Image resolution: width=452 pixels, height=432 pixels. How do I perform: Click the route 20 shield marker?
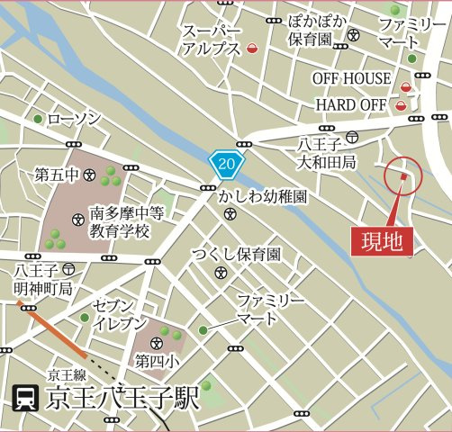(x=227, y=163)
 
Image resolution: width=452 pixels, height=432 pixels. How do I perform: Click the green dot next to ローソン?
(x=38, y=119)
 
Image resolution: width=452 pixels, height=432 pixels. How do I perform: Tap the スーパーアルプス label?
(x=212, y=40)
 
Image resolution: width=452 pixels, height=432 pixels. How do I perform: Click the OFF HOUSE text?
(x=352, y=78)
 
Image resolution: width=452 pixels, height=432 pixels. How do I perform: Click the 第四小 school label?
(x=156, y=361)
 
